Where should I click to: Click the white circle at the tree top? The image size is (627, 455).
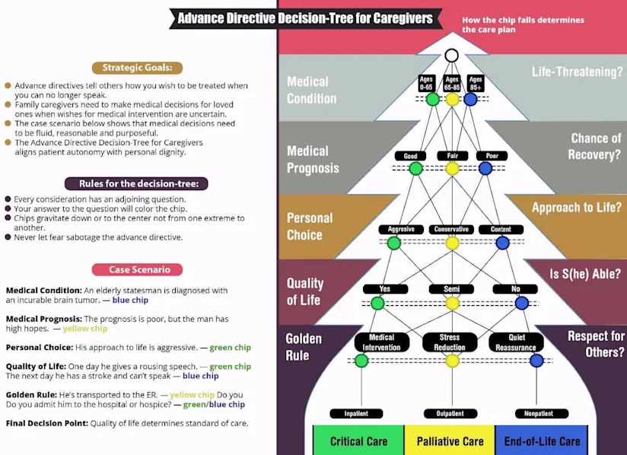click(x=451, y=56)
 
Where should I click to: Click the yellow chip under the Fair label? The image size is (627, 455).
click(x=452, y=168)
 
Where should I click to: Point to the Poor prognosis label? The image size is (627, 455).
click(x=492, y=156)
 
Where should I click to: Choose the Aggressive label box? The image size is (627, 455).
click(x=400, y=229)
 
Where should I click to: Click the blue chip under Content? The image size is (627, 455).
click(x=501, y=243)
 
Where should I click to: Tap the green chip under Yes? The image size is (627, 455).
click(x=377, y=303)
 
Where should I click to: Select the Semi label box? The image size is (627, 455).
click(x=451, y=289)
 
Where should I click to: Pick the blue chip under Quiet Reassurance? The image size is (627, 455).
click(x=536, y=361)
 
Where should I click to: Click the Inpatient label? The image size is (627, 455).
click(x=355, y=414)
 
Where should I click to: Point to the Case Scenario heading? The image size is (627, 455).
click(x=137, y=269)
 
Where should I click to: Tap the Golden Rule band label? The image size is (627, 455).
click(x=304, y=347)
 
